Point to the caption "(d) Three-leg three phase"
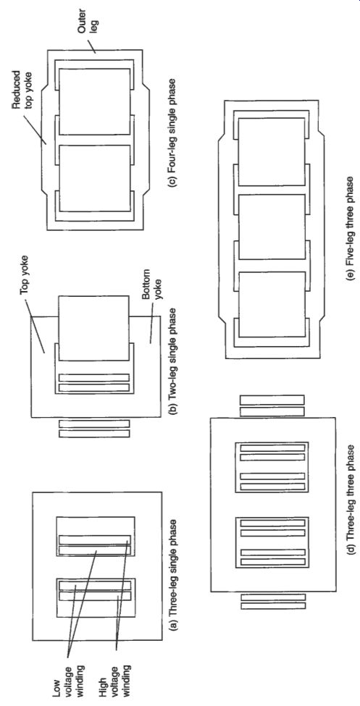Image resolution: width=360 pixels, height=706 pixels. click(x=351, y=529)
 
